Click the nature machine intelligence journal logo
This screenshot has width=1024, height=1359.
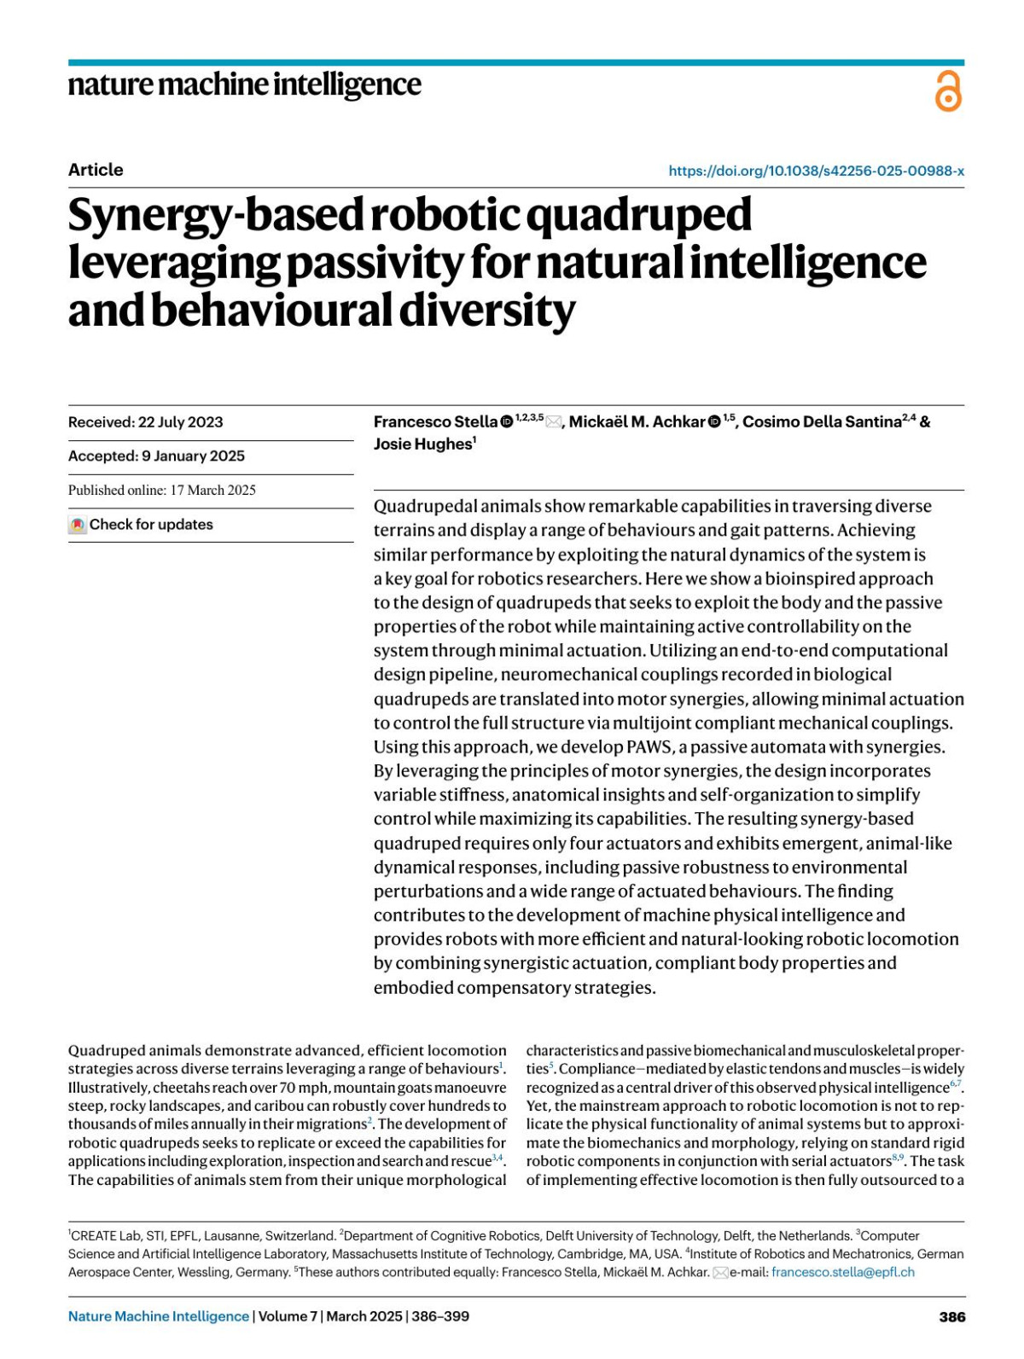[x=244, y=84]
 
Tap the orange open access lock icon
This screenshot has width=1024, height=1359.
[x=948, y=91]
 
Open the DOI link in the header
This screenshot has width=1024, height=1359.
[x=816, y=171]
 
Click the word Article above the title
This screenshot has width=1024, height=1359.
[x=96, y=170]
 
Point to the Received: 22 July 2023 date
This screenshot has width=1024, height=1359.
[x=145, y=422]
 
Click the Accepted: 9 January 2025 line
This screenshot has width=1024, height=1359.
[x=156, y=456]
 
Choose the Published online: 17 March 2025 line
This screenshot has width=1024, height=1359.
[x=162, y=490]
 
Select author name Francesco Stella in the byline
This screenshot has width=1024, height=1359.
[x=435, y=421]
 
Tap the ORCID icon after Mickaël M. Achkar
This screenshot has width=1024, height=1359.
[x=714, y=421]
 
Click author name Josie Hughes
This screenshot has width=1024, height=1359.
[x=422, y=444]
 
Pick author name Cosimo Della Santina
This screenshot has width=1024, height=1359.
[x=822, y=421]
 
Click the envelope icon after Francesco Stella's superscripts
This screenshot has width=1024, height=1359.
[x=553, y=421]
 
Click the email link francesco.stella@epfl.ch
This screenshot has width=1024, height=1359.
[x=842, y=1272]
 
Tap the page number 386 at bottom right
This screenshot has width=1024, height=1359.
[x=952, y=1316]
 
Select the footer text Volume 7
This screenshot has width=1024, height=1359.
[x=288, y=1316]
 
